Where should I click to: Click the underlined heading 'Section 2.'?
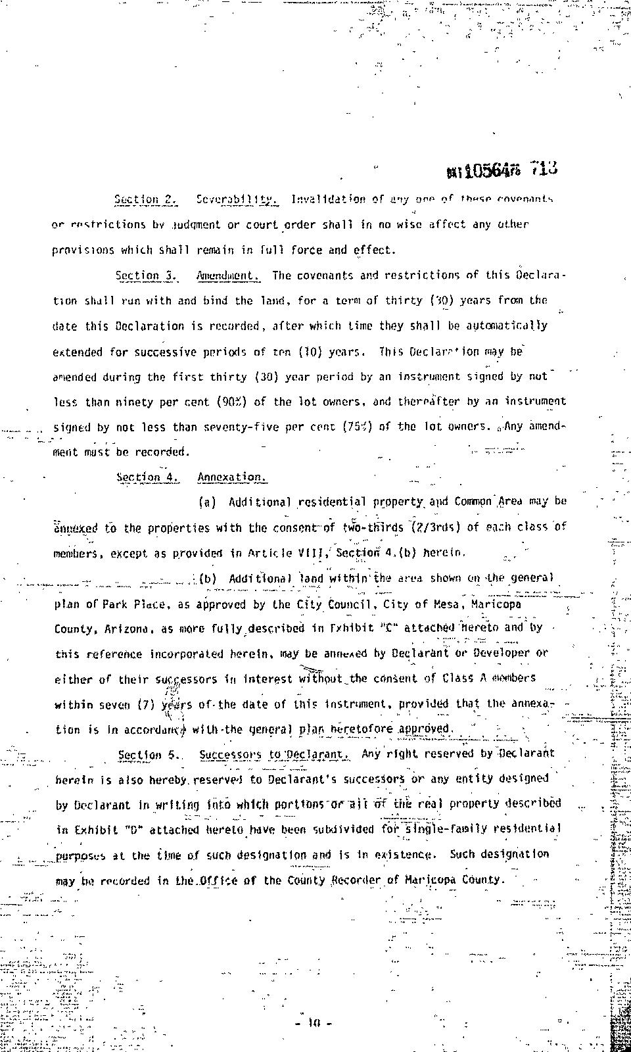146,199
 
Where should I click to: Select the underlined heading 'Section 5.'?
149,755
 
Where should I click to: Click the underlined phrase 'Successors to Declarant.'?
274,755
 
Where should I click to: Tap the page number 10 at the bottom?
314,1023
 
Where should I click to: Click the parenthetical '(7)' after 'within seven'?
146,704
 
